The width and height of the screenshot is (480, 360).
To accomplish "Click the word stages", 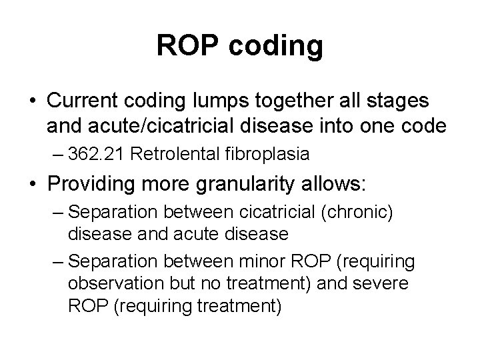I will pos(399,103).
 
